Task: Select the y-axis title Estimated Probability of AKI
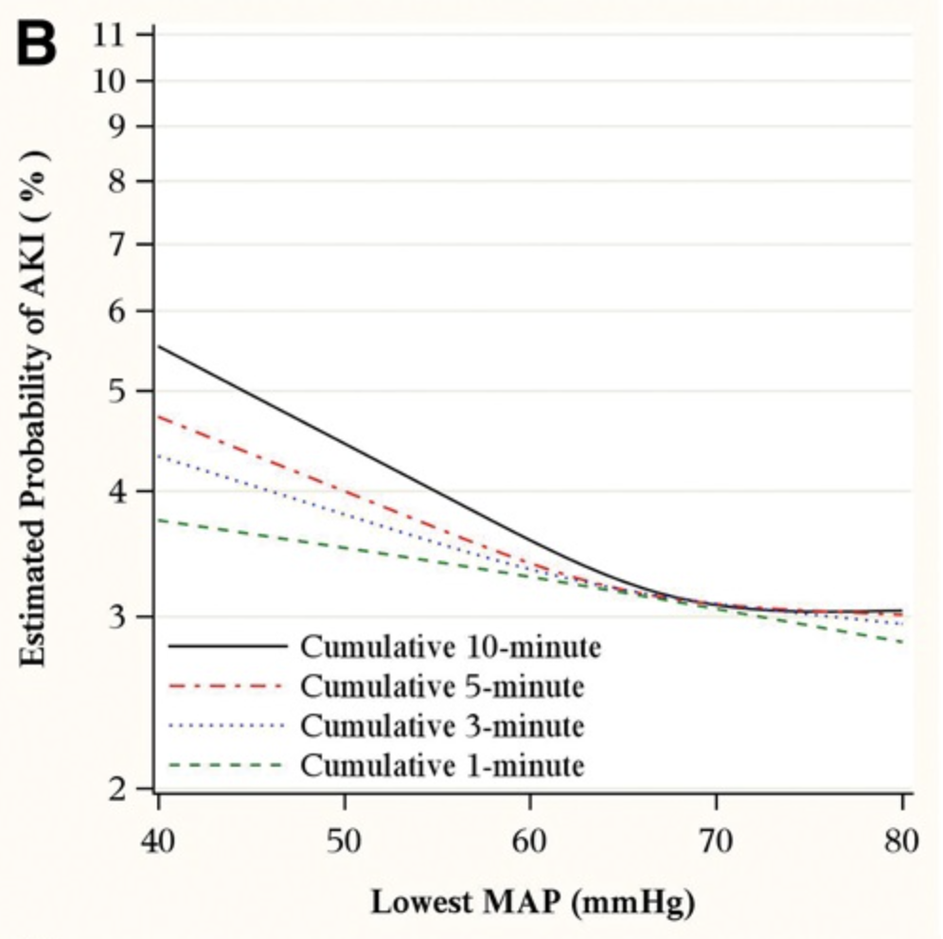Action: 35,407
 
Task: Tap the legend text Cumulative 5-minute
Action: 442,685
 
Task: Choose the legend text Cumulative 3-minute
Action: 442,725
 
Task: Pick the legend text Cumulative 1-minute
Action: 442,765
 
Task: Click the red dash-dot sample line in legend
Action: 227,685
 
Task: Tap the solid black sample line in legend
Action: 227,647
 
